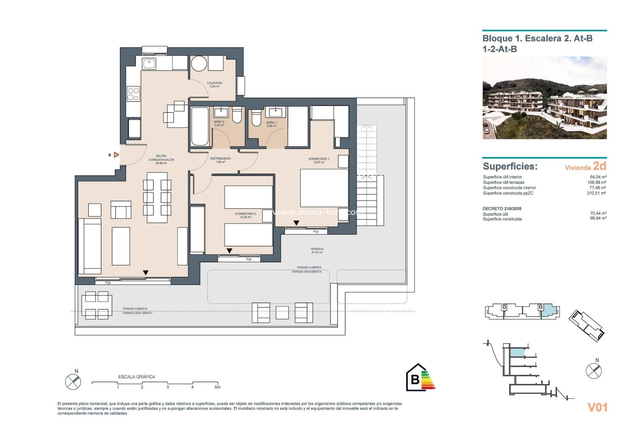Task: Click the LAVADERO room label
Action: [x=215, y=84]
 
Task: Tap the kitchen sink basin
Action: [x=149, y=63]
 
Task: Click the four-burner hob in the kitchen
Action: [x=133, y=94]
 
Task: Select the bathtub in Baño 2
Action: [x=200, y=126]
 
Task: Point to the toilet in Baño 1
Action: [x=256, y=118]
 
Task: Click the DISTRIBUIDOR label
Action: [x=220, y=160]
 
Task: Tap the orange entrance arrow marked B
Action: [x=116, y=155]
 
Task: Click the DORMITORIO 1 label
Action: [x=319, y=160]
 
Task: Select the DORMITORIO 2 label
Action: [x=245, y=215]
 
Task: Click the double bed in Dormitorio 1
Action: [x=324, y=188]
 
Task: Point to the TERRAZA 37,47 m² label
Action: [x=317, y=250]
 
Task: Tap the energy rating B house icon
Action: [x=415, y=378]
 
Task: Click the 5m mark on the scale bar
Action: [x=217, y=387]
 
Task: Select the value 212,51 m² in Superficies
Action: [x=596, y=193]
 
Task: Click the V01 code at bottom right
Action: [x=597, y=407]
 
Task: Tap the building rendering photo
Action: [x=544, y=98]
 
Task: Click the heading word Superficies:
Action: [x=510, y=166]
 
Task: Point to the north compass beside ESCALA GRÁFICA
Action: [x=73, y=382]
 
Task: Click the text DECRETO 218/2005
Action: [x=502, y=209]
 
